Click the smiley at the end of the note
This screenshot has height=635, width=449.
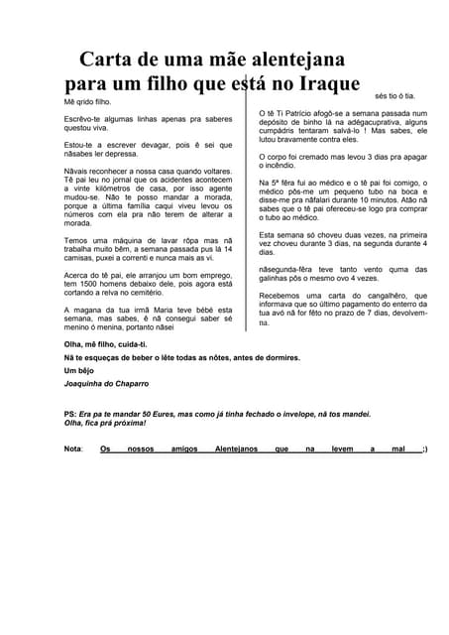(x=424, y=448)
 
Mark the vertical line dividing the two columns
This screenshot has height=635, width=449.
(x=246, y=198)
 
